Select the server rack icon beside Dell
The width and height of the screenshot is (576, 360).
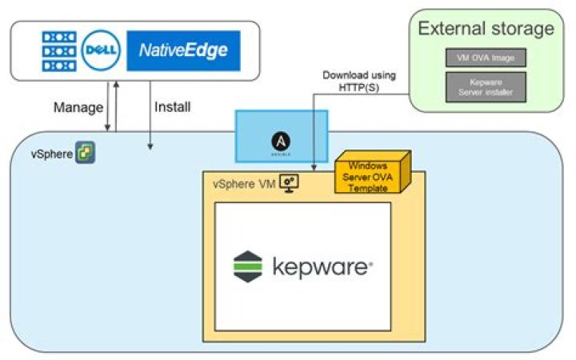click(x=58, y=52)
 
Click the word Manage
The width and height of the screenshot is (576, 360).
click(x=77, y=107)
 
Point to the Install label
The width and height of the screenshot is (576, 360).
click(x=174, y=107)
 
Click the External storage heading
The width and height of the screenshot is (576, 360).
click(x=486, y=30)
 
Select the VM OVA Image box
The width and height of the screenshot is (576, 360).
click(x=486, y=57)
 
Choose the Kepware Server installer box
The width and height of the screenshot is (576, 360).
click(x=486, y=86)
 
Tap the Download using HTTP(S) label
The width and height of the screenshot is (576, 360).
click(x=359, y=81)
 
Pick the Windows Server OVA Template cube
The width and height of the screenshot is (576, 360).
click(x=370, y=173)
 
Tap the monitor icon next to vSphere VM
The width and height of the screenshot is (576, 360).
click(x=289, y=183)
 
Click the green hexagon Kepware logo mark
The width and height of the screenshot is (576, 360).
click(x=248, y=266)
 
